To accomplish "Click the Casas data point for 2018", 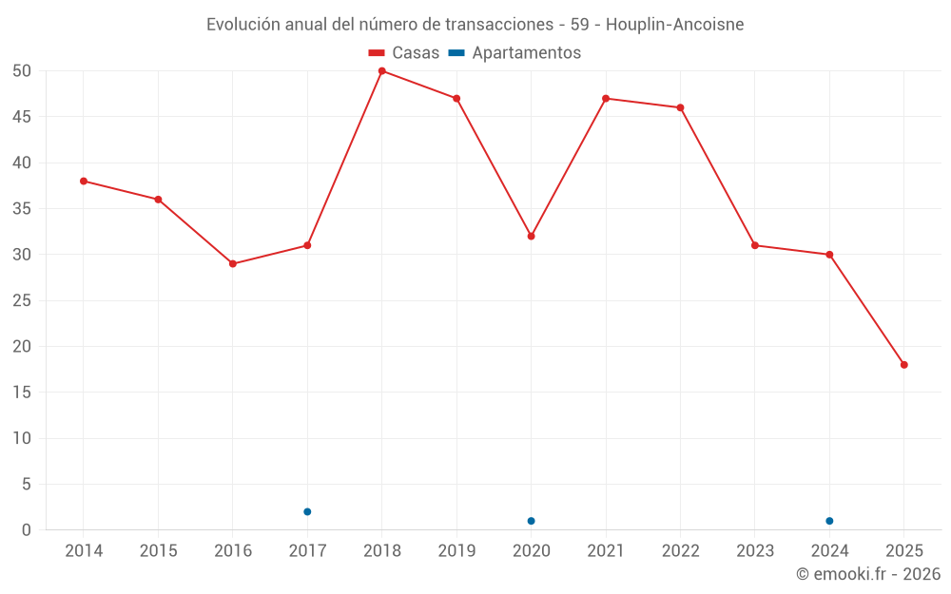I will [x=382, y=71].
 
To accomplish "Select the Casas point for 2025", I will [x=904, y=365].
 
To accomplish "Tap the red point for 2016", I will [x=233, y=263].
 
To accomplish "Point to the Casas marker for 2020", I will [x=532, y=236].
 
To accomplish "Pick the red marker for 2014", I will [x=84, y=181].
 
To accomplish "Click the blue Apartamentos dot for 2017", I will [x=307, y=511].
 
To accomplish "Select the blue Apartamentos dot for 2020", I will [x=532, y=521].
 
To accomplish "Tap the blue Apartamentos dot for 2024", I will [x=829, y=521].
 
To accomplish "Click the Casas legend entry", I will [x=404, y=53].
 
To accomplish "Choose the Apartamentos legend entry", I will [x=514, y=53].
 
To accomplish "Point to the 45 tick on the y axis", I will [x=22, y=117].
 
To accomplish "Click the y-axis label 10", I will [x=22, y=438].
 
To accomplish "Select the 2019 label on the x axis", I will [x=456, y=551].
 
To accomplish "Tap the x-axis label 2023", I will [x=755, y=551].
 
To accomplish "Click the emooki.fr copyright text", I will [x=868, y=574].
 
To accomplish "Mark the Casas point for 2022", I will [x=681, y=107].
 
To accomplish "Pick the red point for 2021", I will [x=606, y=99].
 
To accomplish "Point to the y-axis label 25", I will [x=22, y=300].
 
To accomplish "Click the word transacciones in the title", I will [x=495, y=24].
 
